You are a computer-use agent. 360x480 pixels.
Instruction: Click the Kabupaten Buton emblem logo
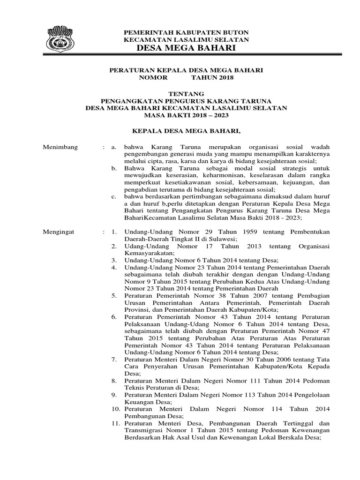pos(61,40)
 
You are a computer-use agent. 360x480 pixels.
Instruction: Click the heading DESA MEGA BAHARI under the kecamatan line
pos(186,49)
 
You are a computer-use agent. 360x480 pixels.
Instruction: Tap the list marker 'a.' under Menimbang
pos(113,147)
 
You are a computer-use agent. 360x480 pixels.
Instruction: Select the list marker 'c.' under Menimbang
pos(113,196)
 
